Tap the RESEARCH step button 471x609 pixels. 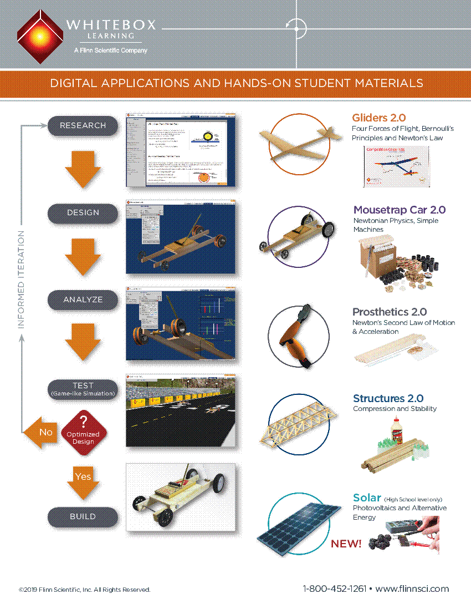pyautogui.click(x=83, y=125)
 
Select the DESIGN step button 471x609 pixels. pyautogui.click(x=83, y=212)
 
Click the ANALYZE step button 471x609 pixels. pyautogui.click(x=83, y=300)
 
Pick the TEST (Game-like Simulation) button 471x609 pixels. pyautogui.click(x=83, y=388)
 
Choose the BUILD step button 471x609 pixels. pyautogui.click(x=83, y=516)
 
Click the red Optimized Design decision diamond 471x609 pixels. pyautogui.click(x=83, y=430)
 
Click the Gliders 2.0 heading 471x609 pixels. pyautogui.click(x=378, y=118)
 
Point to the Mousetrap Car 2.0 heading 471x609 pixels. pyautogui.click(x=399, y=210)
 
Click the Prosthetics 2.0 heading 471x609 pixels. pyautogui.click(x=390, y=312)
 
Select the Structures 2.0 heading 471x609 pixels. pyautogui.click(x=388, y=398)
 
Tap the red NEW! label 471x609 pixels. pyautogui.click(x=346, y=544)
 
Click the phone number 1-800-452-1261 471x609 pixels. pyautogui.click(x=334, y=588)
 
